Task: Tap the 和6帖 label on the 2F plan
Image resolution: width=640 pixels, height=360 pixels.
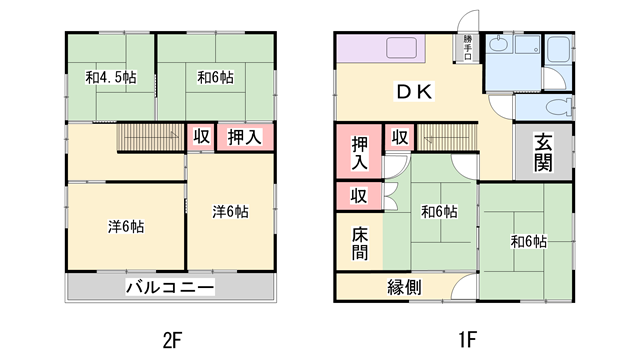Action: coord(214,76)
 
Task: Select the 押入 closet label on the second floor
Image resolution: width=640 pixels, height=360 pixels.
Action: coord(245,137)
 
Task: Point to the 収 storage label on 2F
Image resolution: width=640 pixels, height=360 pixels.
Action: coord(202,137)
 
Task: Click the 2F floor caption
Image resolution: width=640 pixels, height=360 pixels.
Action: coord(170,338)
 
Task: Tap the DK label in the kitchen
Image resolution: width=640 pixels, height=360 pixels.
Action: coord(411,92)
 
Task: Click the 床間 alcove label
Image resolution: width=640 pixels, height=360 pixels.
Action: coord(359,243)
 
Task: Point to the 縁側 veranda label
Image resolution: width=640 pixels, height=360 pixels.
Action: coord(404,287)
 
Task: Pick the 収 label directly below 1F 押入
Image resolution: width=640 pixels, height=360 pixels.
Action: coord(358,195)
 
